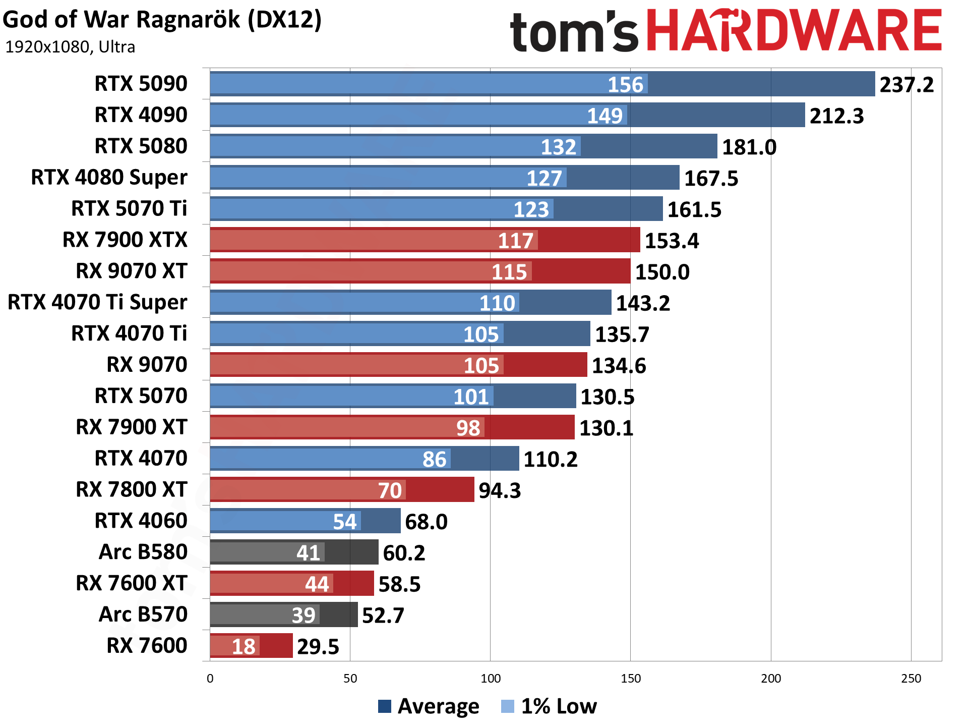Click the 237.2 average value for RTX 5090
tap(906, 85)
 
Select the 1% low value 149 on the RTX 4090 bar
tap(604, 116)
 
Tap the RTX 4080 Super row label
tap(109, 178)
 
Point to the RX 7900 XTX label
tap(125, 240)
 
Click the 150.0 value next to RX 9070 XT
tap(662, 272)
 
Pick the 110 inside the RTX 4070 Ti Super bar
tap(497, 303)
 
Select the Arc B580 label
tap(143, 552)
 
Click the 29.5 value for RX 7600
tap(318, 647)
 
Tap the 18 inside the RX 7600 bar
tap(244, 647)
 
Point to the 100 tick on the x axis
tap(490, 679)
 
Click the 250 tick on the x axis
tap(911, 679)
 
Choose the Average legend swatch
tap(384, 706)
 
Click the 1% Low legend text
tap(559, 706)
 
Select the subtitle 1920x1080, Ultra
tap(70, 47)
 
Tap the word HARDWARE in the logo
tap(794, 31)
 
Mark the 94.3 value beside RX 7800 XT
tap(499, 490)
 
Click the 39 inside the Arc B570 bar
tap(304, 616)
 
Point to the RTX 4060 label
tap(141, 521)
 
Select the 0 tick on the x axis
tap(210, 679)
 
